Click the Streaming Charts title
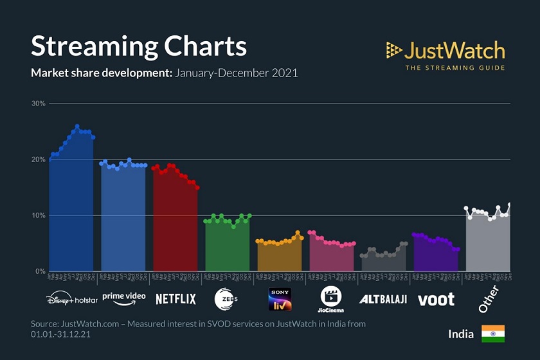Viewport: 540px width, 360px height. [139, 47]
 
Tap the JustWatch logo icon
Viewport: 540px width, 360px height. [394, 50]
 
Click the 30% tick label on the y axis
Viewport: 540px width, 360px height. [38, 104]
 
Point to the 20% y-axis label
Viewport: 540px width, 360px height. [38, 159]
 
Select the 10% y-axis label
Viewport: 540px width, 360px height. [38, 215]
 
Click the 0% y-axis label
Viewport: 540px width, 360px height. [40, 271]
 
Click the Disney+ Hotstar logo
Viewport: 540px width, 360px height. [71, 299]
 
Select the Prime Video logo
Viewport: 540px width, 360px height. [123, 298]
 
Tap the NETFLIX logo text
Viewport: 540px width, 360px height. [175, 299]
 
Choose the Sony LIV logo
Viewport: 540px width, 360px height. [280, 299]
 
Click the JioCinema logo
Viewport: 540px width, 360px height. [332, 299]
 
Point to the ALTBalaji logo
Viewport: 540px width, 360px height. [382, 299]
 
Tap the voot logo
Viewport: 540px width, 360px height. [436, 299]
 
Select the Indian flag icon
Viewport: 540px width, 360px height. [493, 334]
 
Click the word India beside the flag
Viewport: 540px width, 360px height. [461, 334]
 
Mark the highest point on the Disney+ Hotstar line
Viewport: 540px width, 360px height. [77, 127]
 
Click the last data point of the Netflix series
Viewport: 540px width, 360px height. [197, 188]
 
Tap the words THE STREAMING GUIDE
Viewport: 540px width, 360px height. [455, 67]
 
